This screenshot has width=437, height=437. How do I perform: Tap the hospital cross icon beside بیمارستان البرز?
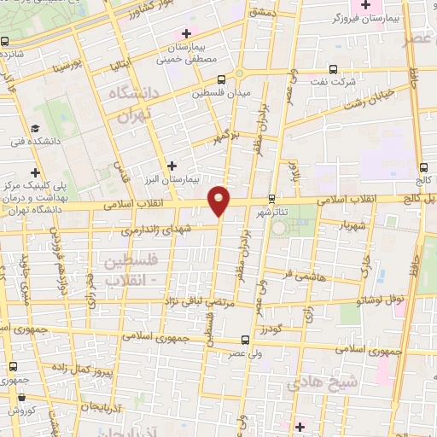point(173,165)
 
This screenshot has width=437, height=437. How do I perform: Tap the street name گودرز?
point(271,329)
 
